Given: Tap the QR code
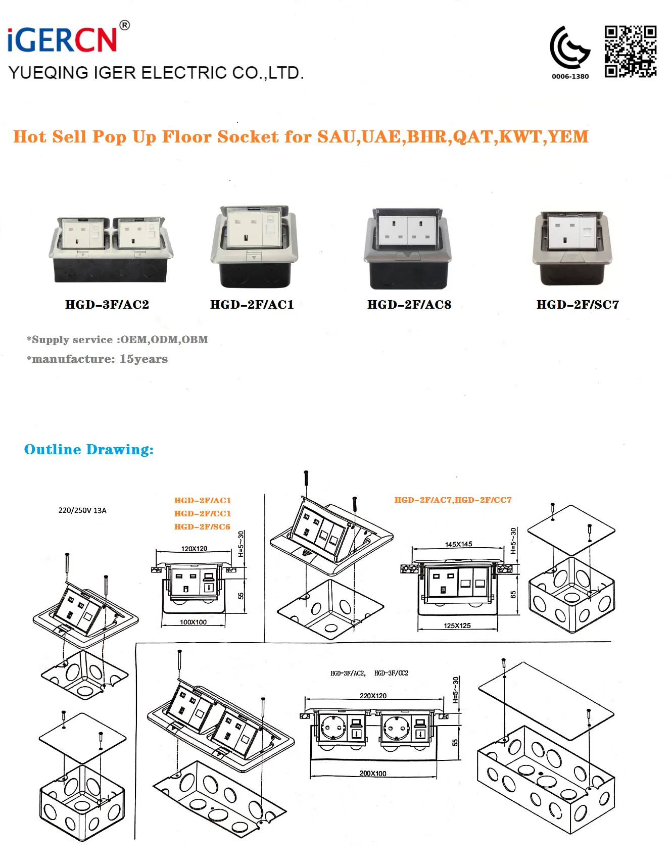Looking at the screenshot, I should coord(630,52).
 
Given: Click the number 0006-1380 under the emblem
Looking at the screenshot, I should coord(570,76).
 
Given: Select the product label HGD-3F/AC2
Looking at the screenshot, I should coord(107,305).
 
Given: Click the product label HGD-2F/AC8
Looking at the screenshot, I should coord(409,305).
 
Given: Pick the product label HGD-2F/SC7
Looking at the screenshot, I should coord(578,305).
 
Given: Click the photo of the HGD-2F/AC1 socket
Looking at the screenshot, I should coord(254,246).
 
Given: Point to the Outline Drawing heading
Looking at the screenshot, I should coord(89,449).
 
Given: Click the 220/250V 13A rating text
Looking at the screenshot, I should coord(82,510).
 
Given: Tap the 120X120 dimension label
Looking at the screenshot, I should coord(194,549).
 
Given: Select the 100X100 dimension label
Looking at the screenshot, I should coord(193,622).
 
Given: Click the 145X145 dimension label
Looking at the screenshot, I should coord(458,544).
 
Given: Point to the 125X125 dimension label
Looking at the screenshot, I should coord(457,625).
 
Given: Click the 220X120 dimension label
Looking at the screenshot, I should coord(373,696).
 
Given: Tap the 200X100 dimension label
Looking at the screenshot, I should coord(372,774).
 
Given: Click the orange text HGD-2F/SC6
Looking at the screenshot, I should coord(202,526).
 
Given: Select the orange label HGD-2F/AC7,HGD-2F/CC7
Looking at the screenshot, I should coord(453,500).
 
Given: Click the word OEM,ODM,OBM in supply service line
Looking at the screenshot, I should coord(164,340).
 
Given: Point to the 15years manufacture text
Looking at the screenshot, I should coord(143,359).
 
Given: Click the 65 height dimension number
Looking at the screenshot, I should coord(513,595).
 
